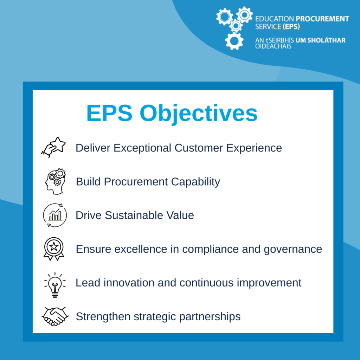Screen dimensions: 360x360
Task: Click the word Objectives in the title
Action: [199, 114]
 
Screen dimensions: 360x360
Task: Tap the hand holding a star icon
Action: [53, 147]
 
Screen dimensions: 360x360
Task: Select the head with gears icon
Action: [55, 181]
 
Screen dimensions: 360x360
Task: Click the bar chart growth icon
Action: [55, 215]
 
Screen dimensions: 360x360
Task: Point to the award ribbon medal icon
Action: [54, 249]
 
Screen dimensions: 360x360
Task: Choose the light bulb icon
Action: [55, 285]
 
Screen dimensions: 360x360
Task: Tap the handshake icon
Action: [55, 316]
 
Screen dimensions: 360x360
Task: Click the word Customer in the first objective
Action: [199, 148]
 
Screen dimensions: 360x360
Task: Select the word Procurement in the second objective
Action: [136, 182]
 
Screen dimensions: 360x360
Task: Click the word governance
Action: [293, 250]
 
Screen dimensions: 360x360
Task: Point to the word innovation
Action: [129, 283]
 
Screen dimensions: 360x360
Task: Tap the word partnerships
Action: [210, 317]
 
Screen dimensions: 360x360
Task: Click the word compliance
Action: [210, 250]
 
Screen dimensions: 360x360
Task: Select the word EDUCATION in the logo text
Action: [274, 19]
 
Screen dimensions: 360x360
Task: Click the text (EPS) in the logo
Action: [291, 27]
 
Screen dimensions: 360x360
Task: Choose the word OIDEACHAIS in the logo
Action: [273, 46]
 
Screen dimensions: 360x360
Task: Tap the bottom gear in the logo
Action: [234, 41]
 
